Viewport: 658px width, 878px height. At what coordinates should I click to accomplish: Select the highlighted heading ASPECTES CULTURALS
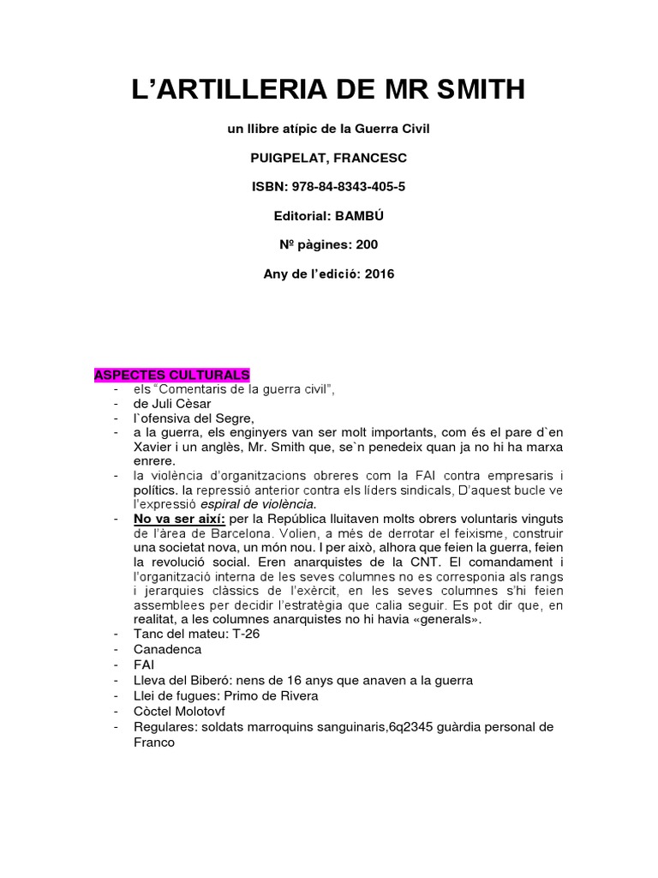pos(171,376)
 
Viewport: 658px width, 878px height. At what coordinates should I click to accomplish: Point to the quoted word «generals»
pos(431,619)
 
